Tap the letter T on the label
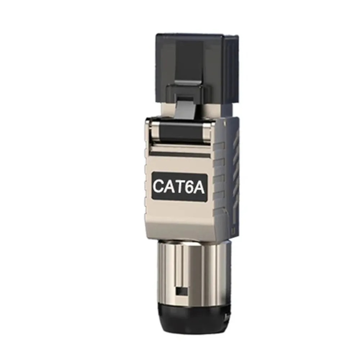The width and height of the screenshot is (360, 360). (x=182, y=186)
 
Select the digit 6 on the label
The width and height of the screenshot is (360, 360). (x=192, y=186)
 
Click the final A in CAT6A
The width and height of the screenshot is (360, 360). (x=201, y=186)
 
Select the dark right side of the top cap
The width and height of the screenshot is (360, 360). (x=232, y=72)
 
